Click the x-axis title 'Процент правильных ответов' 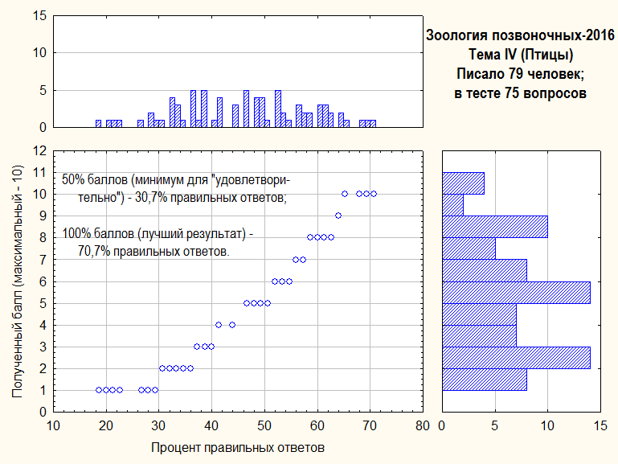tap(238, 448)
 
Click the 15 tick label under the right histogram tap(600, 425)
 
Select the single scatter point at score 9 tap(338, 216)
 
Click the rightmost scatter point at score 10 tap(374, 194)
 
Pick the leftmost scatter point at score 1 tap(99, 390)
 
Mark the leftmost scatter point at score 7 tap(296, 260)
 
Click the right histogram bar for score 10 tap(463, 183)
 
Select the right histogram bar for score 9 tap(452, 205)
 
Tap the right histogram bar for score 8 tap(495, 227)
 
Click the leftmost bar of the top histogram tap(98, 124)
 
